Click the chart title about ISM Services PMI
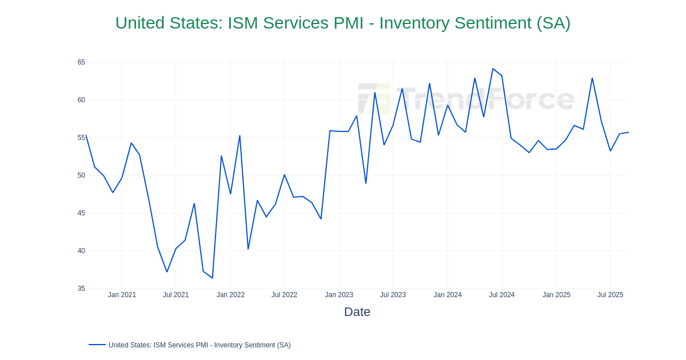click(x=343, y=23)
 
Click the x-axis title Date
click(x=357, y=312)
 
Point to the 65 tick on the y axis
click(x=81, y=62)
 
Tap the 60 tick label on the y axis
click(x=81, y=100)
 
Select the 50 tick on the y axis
click(x=81, y=175)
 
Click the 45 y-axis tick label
click(x=81, y=213)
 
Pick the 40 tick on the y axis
click(x=81, y=251)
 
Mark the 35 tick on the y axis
click(x=81, y=289)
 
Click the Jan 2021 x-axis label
click(x=122, y=295)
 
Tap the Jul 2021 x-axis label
click(x=176, y=295)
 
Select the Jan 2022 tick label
click(x=230, y=295)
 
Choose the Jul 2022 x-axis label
click(x=284, y=295)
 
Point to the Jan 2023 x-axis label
click(x=339, y=295)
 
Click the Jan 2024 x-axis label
click(x=448, y=295)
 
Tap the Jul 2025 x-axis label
click(x=610, y=295)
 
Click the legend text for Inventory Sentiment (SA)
click(x=200, y=345)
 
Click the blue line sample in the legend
click(x=97, y=345)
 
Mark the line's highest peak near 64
click(x=493, y=69)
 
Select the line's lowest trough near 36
click(x=212, y=278)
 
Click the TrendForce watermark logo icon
click(x=374, y=99)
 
